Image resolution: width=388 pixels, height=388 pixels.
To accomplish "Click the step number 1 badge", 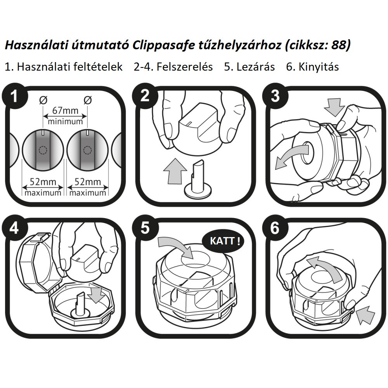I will point(14,96).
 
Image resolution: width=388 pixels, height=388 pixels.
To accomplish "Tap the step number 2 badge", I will point(145,96).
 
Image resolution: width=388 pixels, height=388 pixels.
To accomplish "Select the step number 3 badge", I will point(275,96).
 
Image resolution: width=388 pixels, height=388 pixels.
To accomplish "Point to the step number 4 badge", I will point(14,228).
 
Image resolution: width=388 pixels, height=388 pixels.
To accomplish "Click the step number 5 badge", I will point(145,228).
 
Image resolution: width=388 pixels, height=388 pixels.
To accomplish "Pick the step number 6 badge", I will point(275,228).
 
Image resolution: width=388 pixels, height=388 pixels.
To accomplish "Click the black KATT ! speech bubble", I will point(223,241).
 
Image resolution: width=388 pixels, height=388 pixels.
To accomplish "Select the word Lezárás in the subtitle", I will point(249,67).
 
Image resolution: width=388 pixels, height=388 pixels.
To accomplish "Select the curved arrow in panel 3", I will point(289,158).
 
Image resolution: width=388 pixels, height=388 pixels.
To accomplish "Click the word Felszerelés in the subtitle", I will point(173,67).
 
